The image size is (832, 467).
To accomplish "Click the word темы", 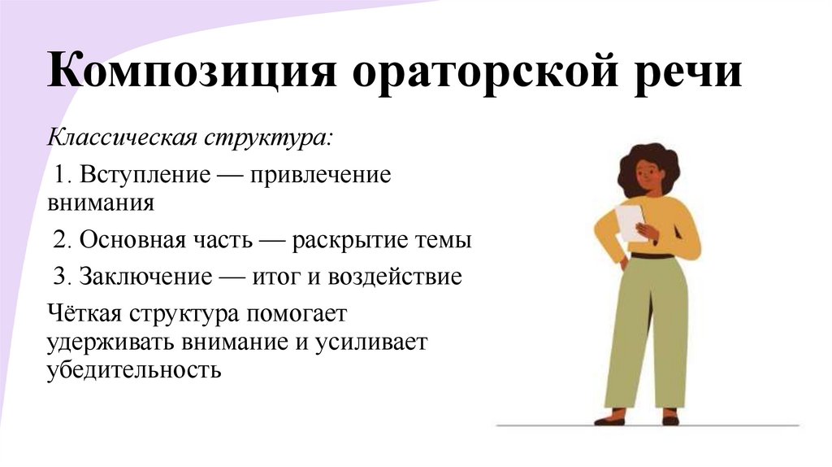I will point(444,242).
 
